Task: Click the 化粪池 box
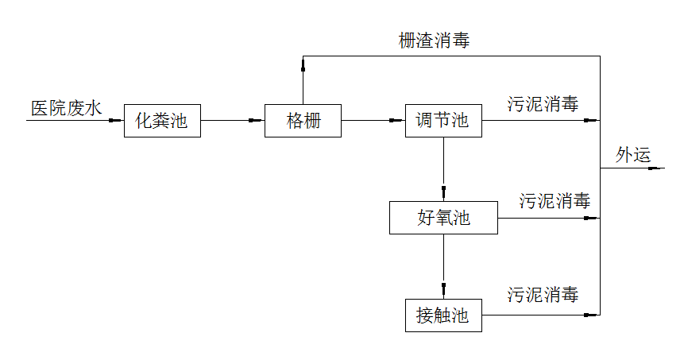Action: pos(162,121)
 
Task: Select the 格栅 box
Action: pos(303,121)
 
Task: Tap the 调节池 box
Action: pos(442,121)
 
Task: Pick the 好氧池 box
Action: pos(443,218)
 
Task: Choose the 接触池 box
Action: pos(442,315)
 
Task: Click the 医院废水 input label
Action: pos(66,109)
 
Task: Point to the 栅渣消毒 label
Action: pos(434,41)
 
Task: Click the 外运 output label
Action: pos(633,155)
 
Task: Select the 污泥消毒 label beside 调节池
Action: pos(543,104)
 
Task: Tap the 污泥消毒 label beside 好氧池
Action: pos(555,201)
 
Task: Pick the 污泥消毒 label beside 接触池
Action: pos(543,296)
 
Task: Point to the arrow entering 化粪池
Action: pos(114,121)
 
